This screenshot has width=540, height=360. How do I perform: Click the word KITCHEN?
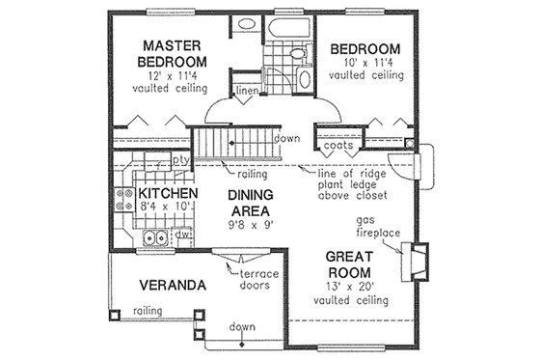click(161, 194)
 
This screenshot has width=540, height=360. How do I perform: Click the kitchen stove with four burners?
click(125, 199)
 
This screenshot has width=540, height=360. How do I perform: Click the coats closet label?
click(351, 146)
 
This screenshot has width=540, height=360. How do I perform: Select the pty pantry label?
click(179, 158)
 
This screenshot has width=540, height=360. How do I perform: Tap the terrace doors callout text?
click(259, 280)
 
